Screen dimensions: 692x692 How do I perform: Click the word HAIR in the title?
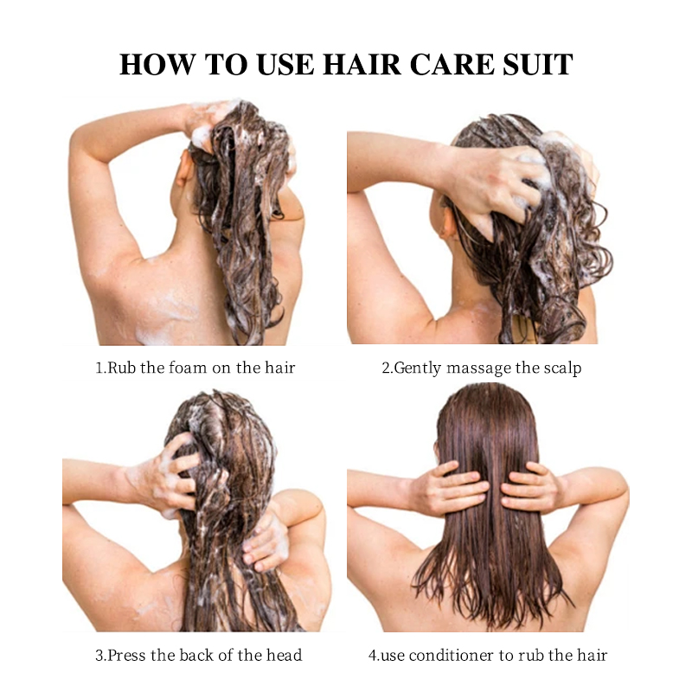coord(362,64)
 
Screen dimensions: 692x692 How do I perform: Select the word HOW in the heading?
coord(157,64)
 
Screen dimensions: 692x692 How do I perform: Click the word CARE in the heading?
coord(452,64)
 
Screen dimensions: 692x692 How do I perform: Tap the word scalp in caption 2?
coord(561,368)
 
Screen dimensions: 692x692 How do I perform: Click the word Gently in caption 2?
coord(417,368)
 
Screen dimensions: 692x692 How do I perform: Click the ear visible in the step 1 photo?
coord(183,169)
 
